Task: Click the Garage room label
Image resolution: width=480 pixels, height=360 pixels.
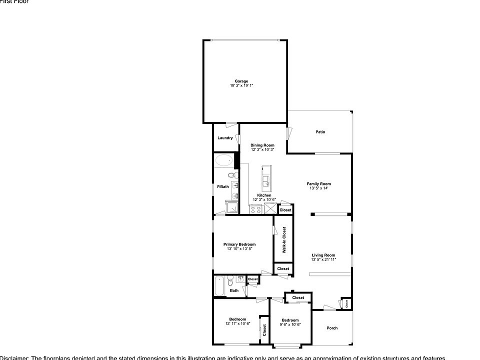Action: click(x=241, y=81)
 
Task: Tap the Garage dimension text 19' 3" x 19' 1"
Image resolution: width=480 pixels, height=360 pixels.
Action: click(x=241, y=85)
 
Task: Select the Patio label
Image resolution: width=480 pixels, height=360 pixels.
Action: click(x=320, y=132)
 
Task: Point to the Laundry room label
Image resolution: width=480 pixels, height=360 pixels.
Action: click(x=225, y=138)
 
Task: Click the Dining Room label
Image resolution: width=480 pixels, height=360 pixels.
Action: click(x=262, y=145)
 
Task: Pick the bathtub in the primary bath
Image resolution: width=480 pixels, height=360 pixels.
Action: click(x=223, y=161)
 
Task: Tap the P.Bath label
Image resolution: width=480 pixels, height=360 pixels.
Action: click(x=222, y=187)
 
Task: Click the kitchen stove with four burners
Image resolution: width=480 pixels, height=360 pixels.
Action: click(x=256, y=209)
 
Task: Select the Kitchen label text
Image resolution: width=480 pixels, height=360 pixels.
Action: click(x=264, y=195)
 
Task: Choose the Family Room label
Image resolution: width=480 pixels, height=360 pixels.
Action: click(x=319, y=184)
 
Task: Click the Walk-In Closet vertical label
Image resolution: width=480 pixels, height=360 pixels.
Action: click(x=284, y=240)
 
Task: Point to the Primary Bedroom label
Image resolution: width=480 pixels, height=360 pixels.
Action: click(x=243, y=244)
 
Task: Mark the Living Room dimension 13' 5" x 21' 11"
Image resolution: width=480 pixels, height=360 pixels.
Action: click(x=323, y=259)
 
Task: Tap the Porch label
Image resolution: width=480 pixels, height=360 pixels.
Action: click(x=332, y=328)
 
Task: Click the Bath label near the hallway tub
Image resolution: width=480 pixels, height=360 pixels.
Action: click(x=234, y=290)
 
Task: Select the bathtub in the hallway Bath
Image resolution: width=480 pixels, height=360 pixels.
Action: click(x=219, y=286)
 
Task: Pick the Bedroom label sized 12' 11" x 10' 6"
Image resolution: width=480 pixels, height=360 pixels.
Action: click(x=237, y=319)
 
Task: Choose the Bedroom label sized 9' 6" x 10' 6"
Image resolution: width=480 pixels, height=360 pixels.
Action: click(x=290, y=320)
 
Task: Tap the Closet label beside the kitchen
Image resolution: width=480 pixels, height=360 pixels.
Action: click(x=285, y=210)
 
